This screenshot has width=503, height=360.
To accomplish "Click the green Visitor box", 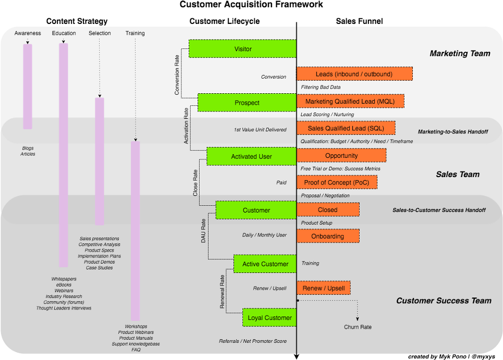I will pyautogui.click(x=242, y=49).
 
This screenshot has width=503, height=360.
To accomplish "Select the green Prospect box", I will pyautogui.click(x=247, y=103).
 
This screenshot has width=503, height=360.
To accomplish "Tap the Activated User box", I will pyautogui.click(x=251, y=156).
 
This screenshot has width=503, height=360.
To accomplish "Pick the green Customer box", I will pyautogui.click(x=256, y=210).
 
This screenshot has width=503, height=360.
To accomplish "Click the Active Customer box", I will pyautogui.click(x=265, y=264).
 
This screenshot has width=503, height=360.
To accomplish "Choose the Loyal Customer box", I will pyautogui.click(x=269, y=318).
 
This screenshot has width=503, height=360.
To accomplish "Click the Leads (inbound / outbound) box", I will pyautogui.click(x=354, y=74).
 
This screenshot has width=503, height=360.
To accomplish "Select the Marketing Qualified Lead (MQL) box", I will pyautogui.click(x=350, y=101).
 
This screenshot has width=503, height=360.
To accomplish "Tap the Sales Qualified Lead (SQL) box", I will pyautogui.click(x=346, y=128).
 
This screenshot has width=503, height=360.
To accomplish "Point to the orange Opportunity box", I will pyautogui.click(x=341, y=155).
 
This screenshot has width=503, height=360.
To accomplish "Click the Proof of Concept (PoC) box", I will pyautogui.click(x=337, y=182).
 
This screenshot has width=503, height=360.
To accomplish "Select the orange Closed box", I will pyautogui.click(x=328, y=209).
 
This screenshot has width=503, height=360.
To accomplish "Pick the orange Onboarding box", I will pyautogui.click(x=328, y=236).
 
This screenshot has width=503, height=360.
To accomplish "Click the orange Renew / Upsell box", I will pyautogui.click(x=324, y=288).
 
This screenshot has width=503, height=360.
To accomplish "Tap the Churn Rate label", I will pyautogui.click(x=358, y=327).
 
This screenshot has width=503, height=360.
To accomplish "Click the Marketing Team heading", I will pyautogui.click(x=460, y=53).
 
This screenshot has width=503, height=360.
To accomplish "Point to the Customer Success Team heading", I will pyautogui.click(x=444, y=301).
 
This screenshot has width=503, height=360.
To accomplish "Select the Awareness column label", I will pyautogui.click(x=28, y=33).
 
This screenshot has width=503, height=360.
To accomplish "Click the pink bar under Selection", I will pyautogui.click(x=100, y=162).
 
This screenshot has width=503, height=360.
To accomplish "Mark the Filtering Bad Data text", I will pyautogui.click(x=321, y=87).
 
